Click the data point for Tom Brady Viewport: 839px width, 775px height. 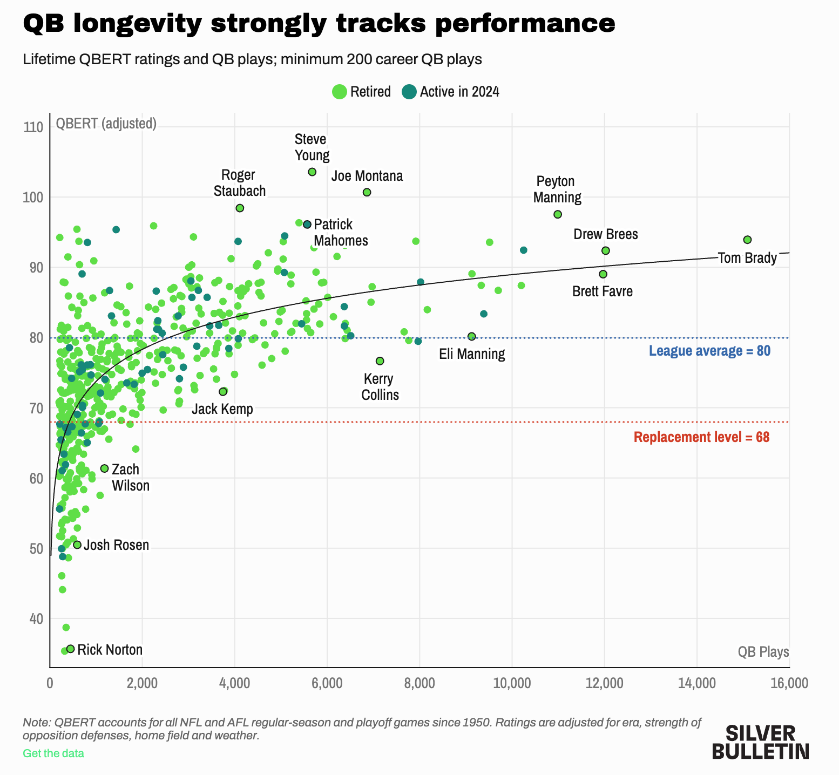tap(747, 240)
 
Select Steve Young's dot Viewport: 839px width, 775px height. tap(312, 172)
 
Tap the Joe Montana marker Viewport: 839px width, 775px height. tap(367, 192)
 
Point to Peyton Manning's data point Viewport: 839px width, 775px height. tap(558, 214)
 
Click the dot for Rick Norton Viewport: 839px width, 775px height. tap(70, 649)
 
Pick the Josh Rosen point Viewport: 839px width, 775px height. tap(77, 545)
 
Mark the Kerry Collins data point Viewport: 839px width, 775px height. tap(380, 361)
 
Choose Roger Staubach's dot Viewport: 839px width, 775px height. tap(240, 208)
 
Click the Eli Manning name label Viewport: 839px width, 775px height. tap(472, 354)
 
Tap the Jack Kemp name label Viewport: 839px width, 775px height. tap(222, 409)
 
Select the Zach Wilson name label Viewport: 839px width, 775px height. tap(131, 478)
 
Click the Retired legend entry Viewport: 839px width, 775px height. tap(361, 92)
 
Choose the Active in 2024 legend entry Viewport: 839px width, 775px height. tap(451, 92)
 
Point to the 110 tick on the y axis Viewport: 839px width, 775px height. tap(33, 127)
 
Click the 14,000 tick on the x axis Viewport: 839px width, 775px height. tap(696, 683)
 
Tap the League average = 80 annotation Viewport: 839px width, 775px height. tap(709, 351)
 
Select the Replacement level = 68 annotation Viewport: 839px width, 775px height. tap(701, 437)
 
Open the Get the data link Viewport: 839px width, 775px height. tap(53, 753)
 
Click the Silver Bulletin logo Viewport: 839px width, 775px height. tap(760, 742)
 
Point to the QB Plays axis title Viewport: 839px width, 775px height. tap(763, 652)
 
